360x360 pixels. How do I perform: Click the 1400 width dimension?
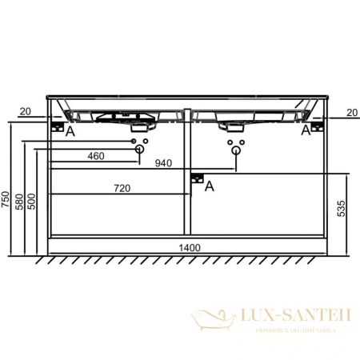click(x=189, y=248)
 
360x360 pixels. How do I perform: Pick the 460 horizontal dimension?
click(x=96, y=156)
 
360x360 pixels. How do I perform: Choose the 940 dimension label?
click(x=163, y=164)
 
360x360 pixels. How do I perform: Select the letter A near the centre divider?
click(x=210, y=186)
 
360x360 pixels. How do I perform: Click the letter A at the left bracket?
click(x=70, y=132)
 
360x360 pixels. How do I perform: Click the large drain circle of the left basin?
click(x=139, y=150)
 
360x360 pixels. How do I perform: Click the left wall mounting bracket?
click(x=56, y=126)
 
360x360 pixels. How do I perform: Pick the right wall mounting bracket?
click(x=318, y=126)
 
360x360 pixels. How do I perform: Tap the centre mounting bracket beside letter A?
click(x=197, y=178)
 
